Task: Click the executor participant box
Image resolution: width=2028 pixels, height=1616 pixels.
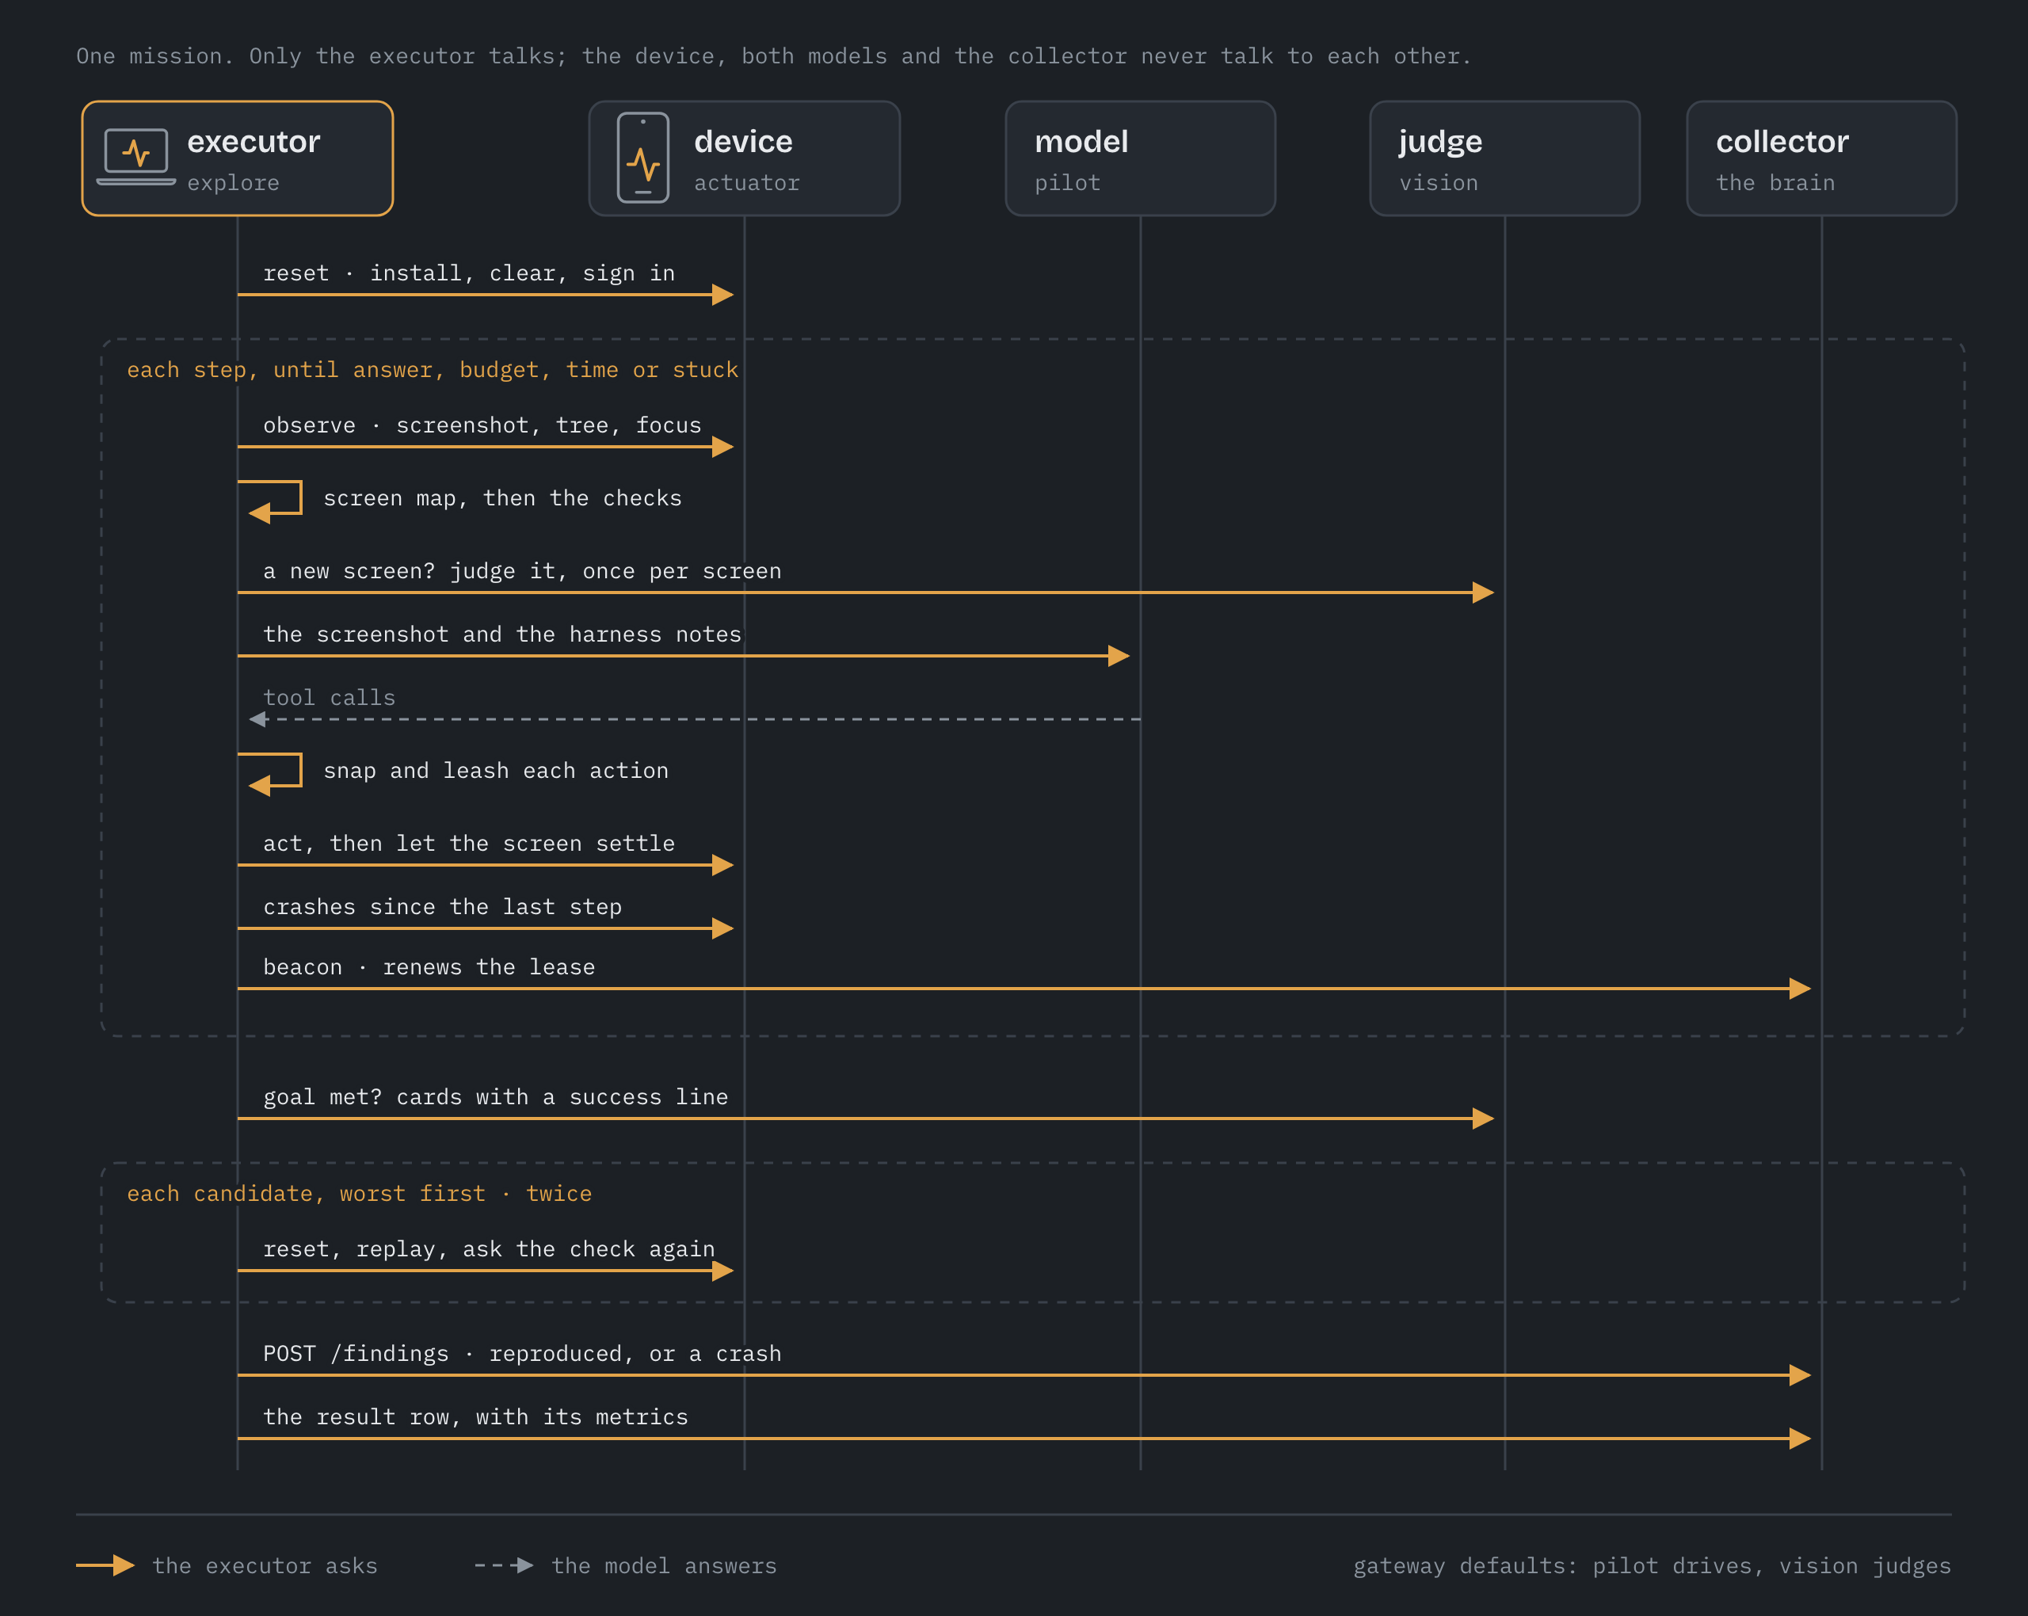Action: (x=237, y=158)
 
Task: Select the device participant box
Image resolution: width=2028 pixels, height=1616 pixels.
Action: (x=744, y=158)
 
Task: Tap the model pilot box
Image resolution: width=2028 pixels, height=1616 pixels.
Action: (x=1140, y=158)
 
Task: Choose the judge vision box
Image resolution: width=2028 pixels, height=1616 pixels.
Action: (x=1504, y=158)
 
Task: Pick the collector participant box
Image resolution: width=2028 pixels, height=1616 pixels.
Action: (x=1821, y=158)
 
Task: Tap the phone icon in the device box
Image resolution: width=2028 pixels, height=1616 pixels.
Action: (x=643, y=158)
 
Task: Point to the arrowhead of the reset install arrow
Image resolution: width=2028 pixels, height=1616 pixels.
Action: (x=722, y=295)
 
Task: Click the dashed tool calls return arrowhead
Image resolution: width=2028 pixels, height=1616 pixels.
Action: (x=257, y=719)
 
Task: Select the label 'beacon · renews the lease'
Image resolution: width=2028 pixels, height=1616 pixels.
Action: (x=429, y=967)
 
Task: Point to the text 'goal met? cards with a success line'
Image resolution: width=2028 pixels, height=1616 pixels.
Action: (x=496, y=1097)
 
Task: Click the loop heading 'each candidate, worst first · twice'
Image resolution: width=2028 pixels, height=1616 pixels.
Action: (x=360, y=1194)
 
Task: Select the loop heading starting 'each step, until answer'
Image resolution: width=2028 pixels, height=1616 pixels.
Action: (x=433, y=370)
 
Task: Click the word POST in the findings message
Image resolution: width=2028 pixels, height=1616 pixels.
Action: (x=290, y=1354)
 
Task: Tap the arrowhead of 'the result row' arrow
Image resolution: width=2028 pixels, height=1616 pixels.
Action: (x=1799, y=1439)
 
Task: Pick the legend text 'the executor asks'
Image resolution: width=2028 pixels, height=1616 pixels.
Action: (x=265, y=1566)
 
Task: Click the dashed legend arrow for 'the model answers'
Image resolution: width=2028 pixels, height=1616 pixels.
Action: (x=504, y=1565)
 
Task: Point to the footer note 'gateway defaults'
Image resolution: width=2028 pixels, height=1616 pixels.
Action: (x=1652, y=1566)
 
